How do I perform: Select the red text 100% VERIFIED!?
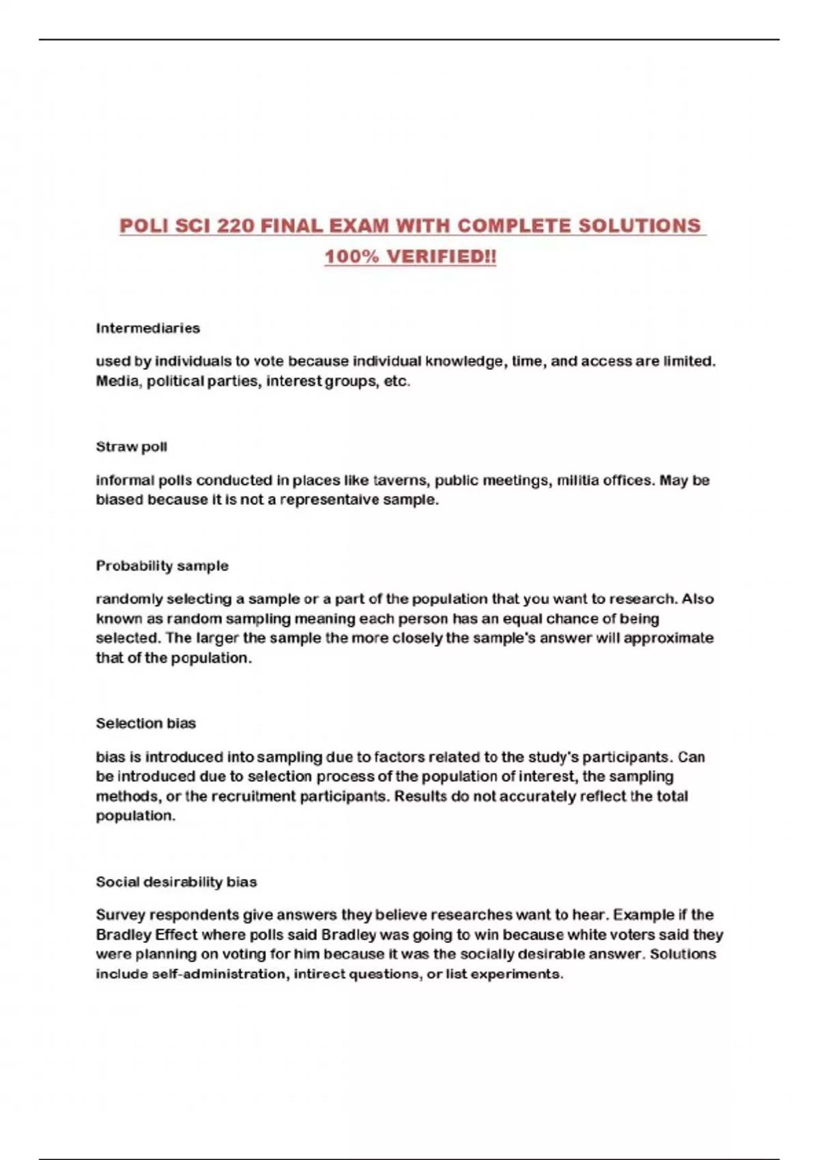click(x=410, y=257)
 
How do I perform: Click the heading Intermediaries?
click(x=147, y=328)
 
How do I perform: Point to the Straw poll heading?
click(x=131, y=447)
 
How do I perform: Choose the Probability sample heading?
click(x=162, y=566)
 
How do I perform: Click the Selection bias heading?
click(x=145, y=723)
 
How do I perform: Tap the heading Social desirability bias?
click(x=176, y=882)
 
